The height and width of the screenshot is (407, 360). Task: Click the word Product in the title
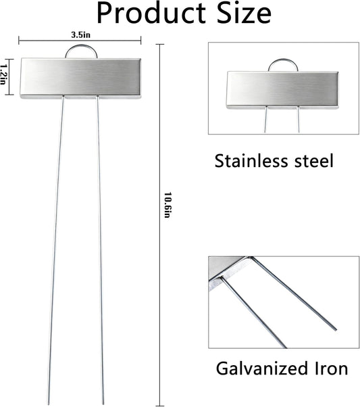pos(151,14)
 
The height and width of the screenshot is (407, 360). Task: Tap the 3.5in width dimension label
pos(80,34)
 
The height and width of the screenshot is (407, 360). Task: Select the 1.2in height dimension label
pos(3,74)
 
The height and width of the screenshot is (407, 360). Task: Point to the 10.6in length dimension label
pos(168,205)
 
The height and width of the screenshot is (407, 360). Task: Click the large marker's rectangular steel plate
pos(80,78)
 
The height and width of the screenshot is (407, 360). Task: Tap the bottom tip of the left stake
pos(48,404)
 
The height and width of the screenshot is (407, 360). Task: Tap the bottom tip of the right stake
pos(103,404)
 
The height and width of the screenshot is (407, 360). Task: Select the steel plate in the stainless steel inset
pos(282,90)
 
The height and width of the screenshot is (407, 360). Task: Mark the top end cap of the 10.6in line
pos(160,45)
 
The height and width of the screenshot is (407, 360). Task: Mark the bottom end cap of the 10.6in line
pos(160,406)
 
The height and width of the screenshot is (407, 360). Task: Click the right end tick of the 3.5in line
pos(141,41)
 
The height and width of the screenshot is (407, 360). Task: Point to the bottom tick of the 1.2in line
pos(9,95)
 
